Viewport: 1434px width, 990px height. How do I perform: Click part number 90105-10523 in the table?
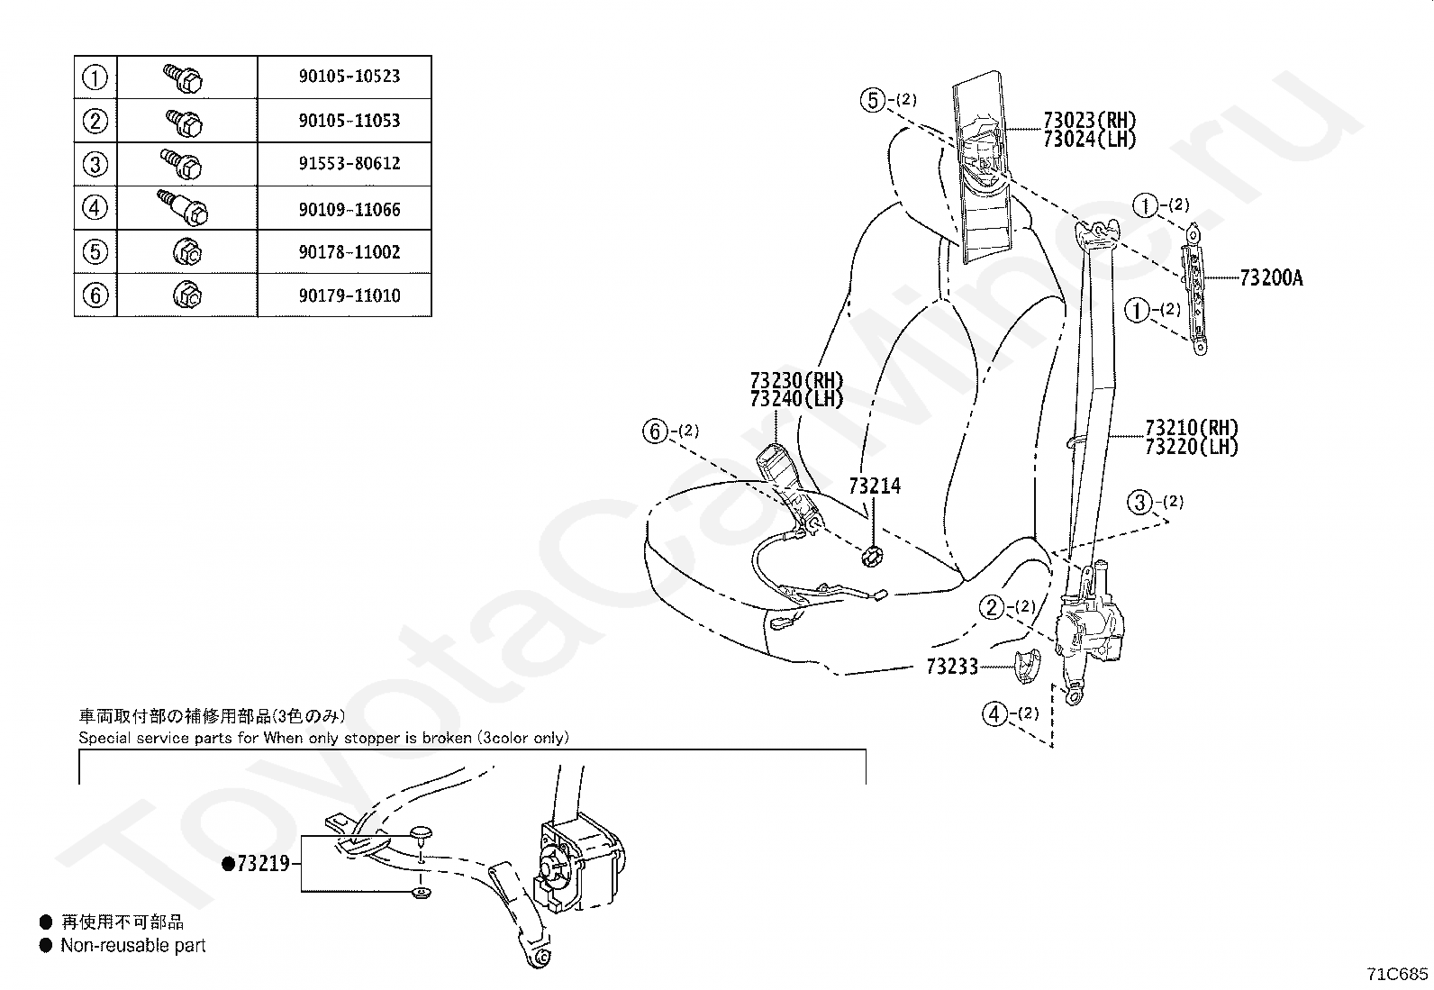(349, 77)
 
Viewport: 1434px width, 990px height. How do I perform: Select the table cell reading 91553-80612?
(349, 164)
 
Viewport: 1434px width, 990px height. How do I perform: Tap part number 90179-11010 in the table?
(349, 295)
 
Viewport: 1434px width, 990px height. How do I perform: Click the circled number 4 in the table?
(95, 208)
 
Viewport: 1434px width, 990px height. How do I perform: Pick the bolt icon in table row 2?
(186, 120)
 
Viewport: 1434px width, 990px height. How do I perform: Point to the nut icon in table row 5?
(186, 252)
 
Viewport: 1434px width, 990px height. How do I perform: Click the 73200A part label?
(1270, 278)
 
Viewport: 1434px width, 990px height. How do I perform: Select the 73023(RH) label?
(1089, 121)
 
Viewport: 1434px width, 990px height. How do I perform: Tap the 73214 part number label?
(874, 486)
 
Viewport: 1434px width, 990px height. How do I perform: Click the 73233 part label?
(952, 668)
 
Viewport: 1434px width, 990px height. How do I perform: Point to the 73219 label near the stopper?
(262, 864)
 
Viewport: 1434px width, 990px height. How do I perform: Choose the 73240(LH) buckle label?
(796, 399)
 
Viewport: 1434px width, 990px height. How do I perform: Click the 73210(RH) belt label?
(1191, 428)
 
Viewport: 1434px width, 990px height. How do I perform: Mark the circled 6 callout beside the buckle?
(656, 432)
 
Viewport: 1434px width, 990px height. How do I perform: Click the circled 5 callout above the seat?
(873, 100)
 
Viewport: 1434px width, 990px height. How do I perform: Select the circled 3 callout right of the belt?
(1141, 502)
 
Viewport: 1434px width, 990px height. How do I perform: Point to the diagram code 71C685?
(1397, 974)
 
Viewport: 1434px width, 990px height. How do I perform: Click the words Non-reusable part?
(132, 946)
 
